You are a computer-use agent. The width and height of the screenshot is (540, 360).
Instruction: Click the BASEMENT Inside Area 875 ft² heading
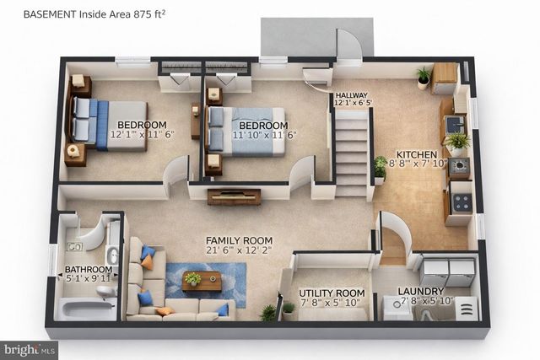[94, 14]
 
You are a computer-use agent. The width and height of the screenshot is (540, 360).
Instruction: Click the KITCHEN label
[417, 155]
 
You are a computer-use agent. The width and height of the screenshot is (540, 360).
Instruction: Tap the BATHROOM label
[89, 271]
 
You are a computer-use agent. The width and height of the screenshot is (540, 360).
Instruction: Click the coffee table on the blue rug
[201, 282]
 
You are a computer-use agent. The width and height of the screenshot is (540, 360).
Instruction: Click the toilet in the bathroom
[105, 292]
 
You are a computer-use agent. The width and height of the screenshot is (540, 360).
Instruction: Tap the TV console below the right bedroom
[234, 196]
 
